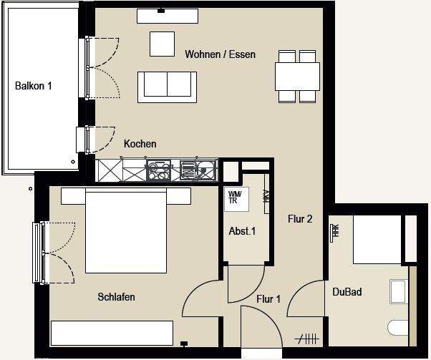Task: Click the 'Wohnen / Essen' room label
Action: (220, 54)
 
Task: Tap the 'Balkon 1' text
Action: (34, 86)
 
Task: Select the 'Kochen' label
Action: (140, 144)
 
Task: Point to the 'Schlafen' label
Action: (116, 297)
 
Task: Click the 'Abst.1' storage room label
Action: (241, 230)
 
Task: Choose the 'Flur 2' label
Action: (300, 219)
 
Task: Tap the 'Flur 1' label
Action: (268, 299)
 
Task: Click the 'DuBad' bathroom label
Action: (347, 291)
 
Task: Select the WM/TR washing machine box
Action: (236, 198)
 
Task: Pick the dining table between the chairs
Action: (297, 75)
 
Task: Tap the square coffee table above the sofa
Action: (162, 44)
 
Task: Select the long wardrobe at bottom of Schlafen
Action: (112, 333)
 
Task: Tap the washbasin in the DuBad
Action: (397, 292)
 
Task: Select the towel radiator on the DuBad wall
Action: (334, 231)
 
